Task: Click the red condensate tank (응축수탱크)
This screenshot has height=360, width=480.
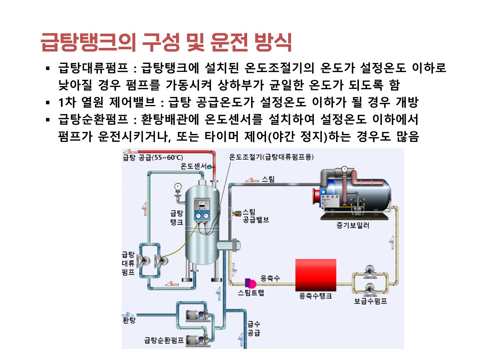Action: (x=316, y=275)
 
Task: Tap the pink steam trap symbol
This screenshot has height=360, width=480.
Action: (x=250, y=283)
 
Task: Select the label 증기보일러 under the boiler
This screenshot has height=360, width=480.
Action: (x=352, y=225)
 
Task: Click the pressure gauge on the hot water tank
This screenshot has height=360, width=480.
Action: (x=178, y=187)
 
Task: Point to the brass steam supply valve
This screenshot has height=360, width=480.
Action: (x=237, y=213)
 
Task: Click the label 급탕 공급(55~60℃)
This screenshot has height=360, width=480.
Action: (x=152, y=157)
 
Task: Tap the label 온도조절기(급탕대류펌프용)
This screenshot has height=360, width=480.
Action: (x=271, y=157)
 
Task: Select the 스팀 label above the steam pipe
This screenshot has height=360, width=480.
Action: (x=268, y=179)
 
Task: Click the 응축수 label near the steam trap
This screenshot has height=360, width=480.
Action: (x=270, y=278)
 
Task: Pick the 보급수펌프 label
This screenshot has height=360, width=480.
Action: (x=370, y=301)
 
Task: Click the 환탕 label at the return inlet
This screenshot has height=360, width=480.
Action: (x=129, y=320)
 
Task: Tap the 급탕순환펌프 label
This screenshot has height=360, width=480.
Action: (x=164, y=340)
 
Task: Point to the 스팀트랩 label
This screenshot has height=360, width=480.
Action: (x=251, y=292)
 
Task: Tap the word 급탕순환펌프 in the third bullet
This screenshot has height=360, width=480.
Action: (x=93, y=119)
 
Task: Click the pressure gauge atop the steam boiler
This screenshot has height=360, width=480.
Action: (x=344, y=169)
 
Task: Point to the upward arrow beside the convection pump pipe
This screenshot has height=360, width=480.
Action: (x=145, y=209)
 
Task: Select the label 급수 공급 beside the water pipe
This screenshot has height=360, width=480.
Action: (x=254, y=328)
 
